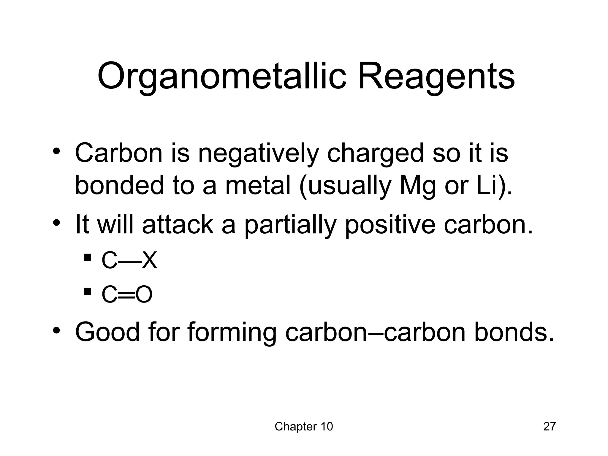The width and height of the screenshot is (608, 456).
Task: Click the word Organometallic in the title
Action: [x=221, y=77]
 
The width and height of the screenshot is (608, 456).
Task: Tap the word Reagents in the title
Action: [x=436, y=77]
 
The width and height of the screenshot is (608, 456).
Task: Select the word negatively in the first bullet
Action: [x=258, y=153]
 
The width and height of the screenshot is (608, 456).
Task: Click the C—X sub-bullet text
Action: [x=129, y=261]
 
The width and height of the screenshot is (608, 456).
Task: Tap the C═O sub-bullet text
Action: [x=127, y=294]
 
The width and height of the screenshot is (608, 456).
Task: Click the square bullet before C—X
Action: [x=88, y=257]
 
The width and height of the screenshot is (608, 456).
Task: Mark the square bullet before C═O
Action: [x=88, y=291]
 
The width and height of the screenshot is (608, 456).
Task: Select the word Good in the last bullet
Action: [x=107, y=332]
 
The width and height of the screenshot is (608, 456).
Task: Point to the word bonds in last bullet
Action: [x=514, y=332]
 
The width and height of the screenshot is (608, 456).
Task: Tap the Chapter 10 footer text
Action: [x=304, y=427]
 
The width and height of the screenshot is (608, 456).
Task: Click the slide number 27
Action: [x=549, y=427]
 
